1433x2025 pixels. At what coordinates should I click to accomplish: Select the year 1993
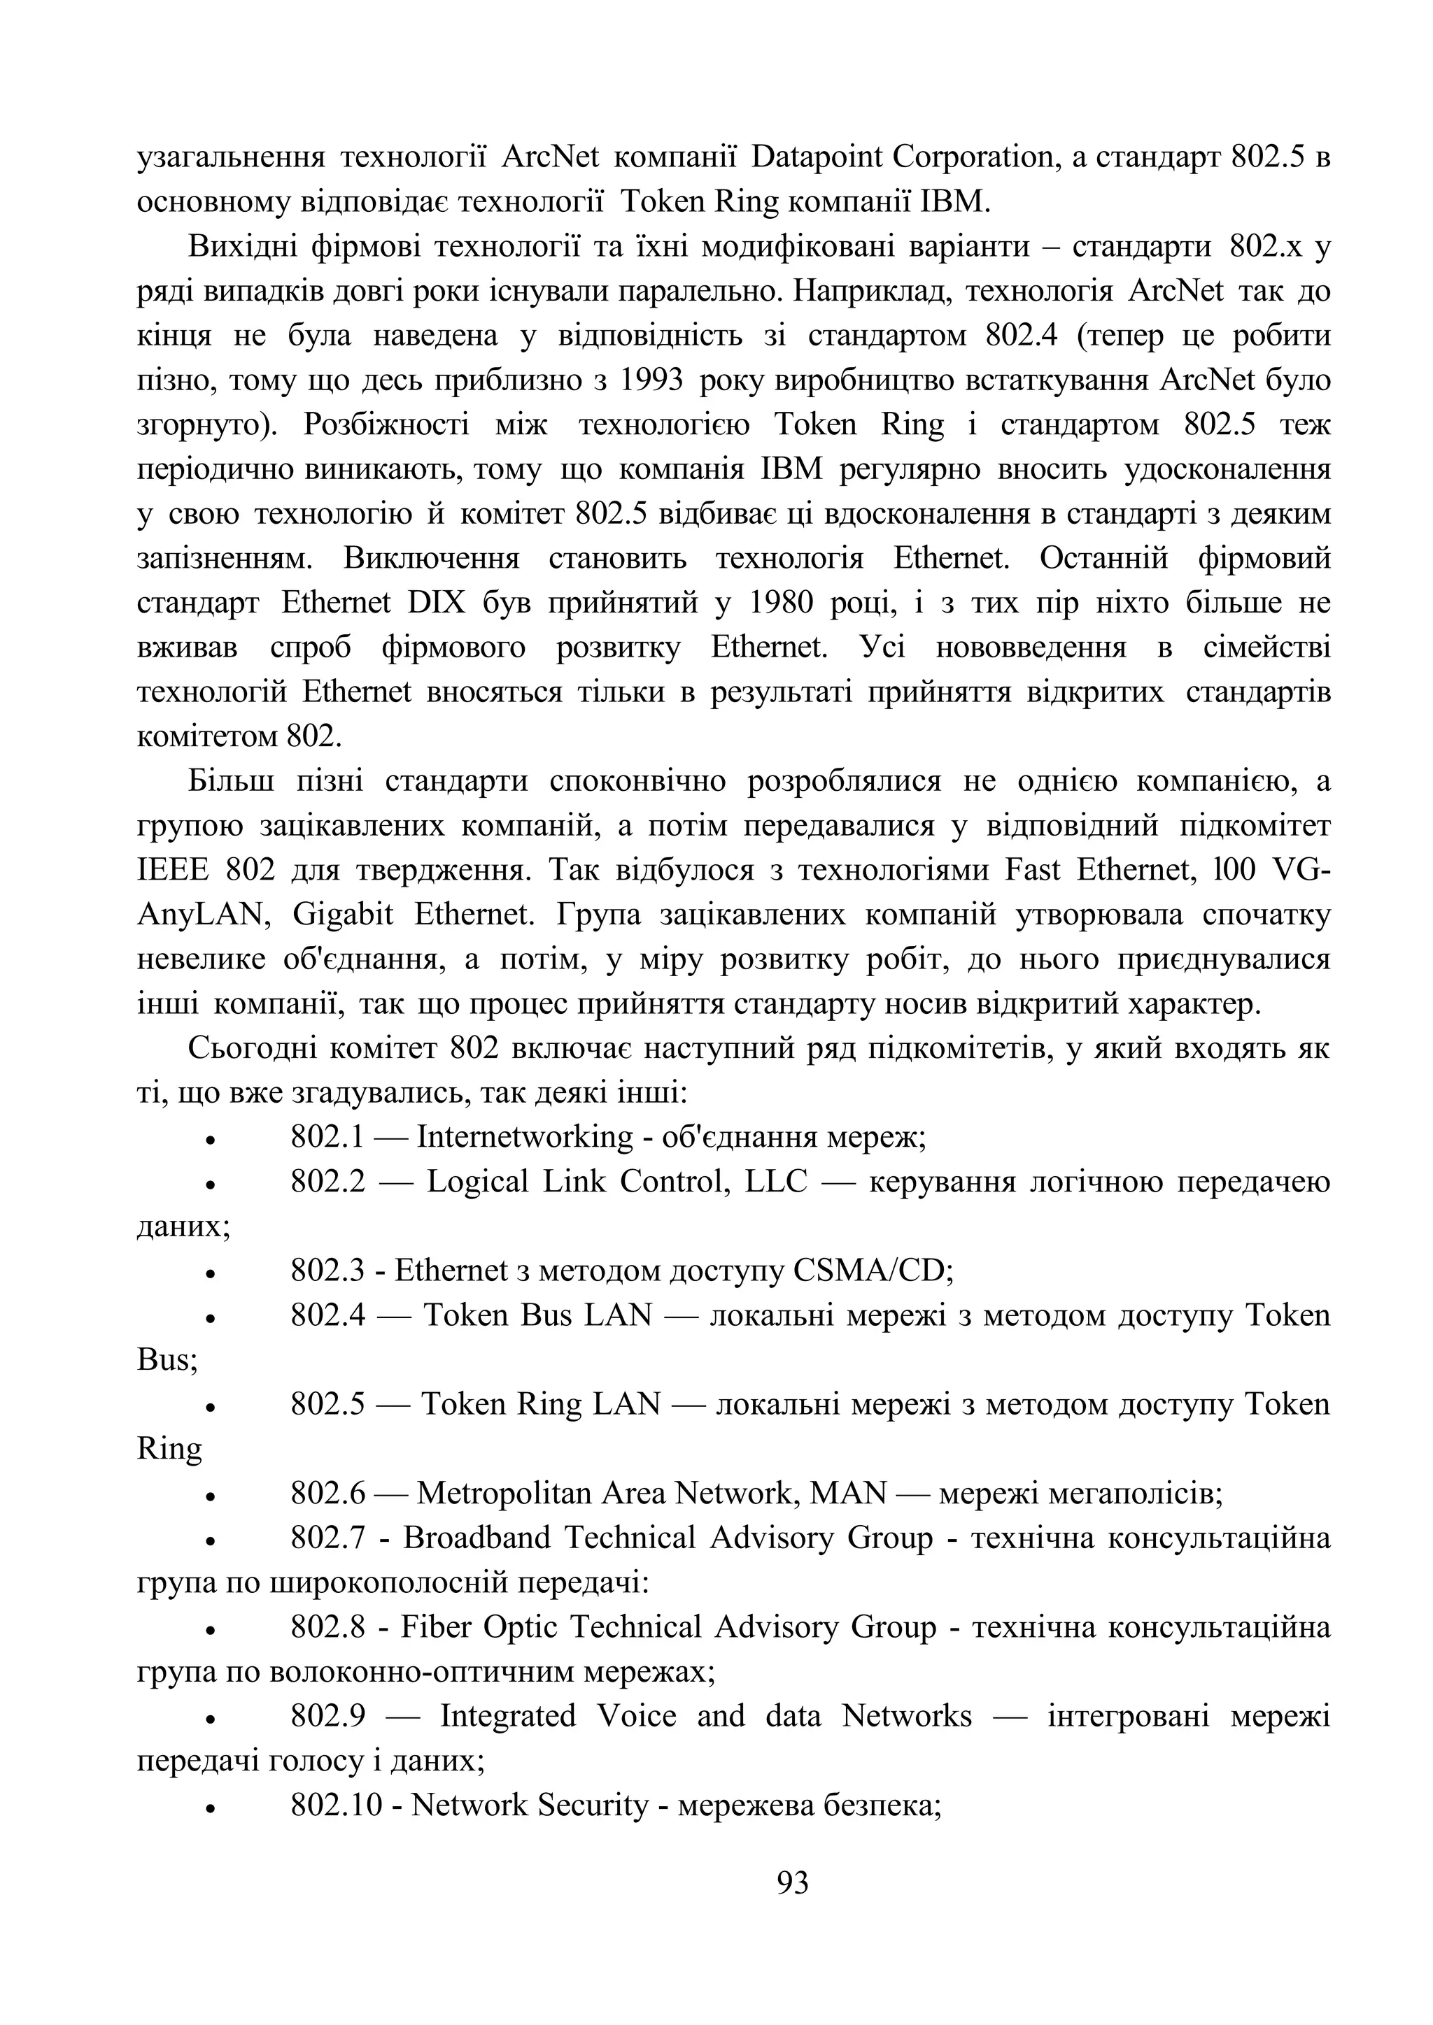click(x=652, y=380)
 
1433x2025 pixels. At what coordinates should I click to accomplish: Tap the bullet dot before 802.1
click(x=210, y=1140)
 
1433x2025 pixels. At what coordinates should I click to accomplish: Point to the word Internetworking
click(x=525, y=1137)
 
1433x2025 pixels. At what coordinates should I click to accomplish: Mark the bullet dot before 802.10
click(x=210, y=1808)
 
